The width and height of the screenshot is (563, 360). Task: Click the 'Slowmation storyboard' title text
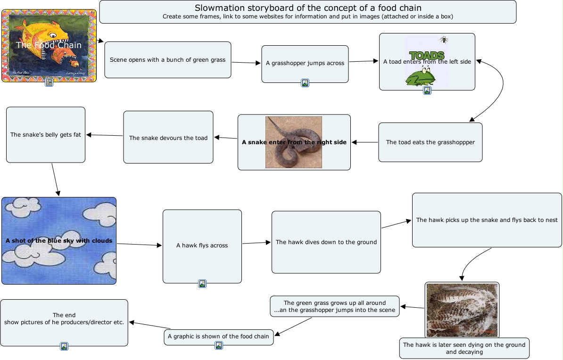tap(308, 8)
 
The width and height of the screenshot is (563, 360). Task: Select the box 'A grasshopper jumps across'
tap(305, 63)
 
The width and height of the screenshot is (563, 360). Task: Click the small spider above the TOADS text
tap(444, 40)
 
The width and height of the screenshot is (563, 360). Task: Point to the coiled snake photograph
tap(293, 142)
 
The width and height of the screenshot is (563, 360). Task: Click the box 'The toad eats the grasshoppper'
tap(430, 142)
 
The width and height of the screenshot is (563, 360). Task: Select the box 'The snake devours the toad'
tap(168, 138)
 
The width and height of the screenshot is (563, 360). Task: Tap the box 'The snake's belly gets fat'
tap(45, 135)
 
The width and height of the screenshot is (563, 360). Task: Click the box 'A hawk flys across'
tap(202, 245)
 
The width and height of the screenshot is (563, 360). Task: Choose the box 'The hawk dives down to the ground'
tap(326, 242)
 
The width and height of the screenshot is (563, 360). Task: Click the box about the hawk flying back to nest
tap(487, 220)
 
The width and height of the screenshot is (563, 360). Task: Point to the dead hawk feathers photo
tap(462, 310)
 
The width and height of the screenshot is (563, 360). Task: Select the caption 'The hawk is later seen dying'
tap(464, 348)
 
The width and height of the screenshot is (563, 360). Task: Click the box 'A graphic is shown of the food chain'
tap(218, 336)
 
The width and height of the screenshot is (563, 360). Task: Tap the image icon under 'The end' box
tap(64, 346)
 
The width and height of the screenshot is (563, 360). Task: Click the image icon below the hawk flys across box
tap(202, 284)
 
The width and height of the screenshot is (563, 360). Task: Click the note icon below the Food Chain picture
tap(49, 82)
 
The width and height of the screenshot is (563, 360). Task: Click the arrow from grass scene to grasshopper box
tap(246, 62)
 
